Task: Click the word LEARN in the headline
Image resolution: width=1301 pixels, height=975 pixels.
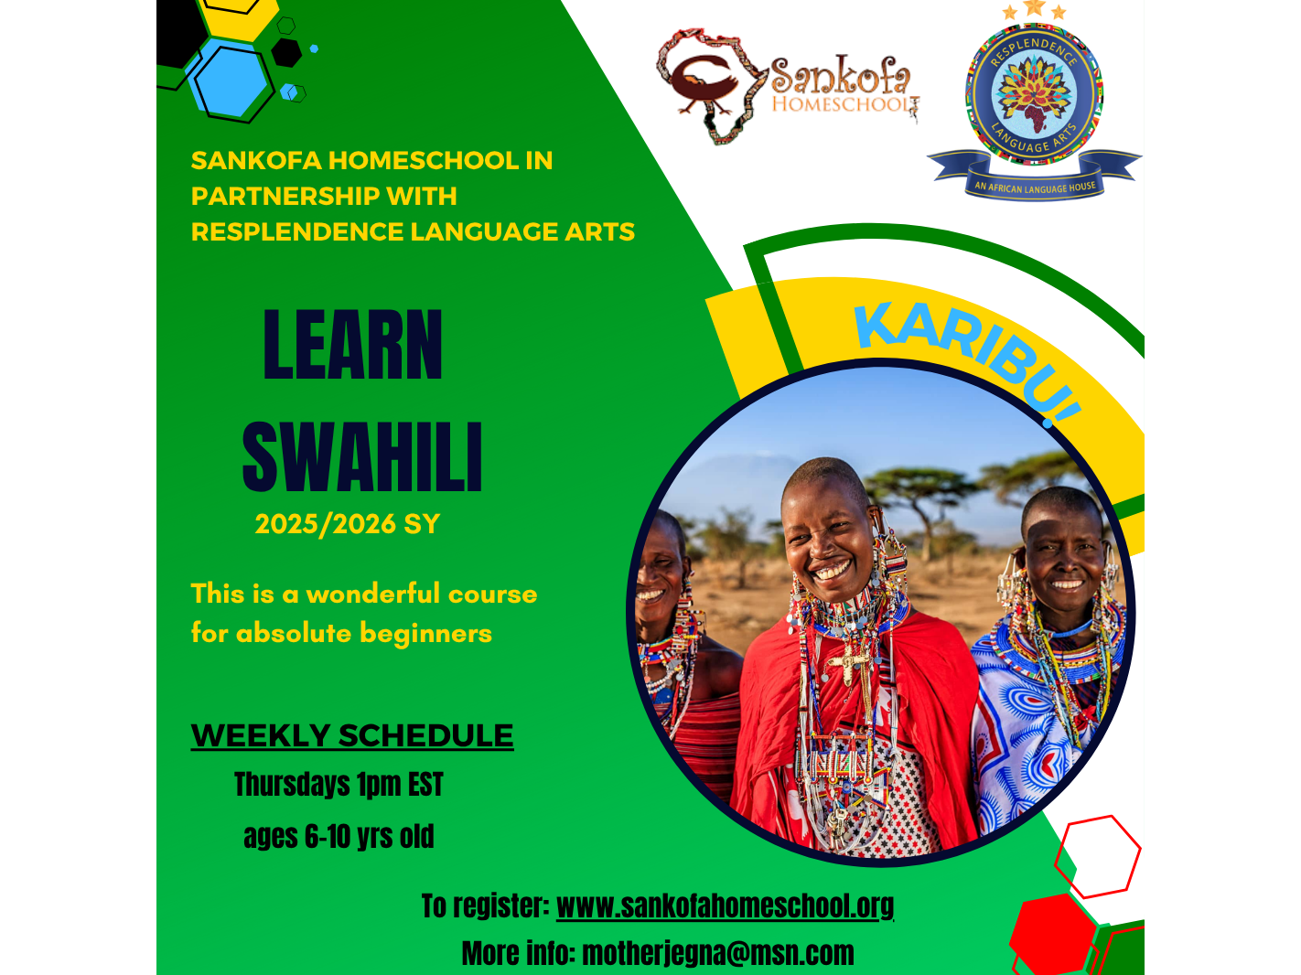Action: point(352,344)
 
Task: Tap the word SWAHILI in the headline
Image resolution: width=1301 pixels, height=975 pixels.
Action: point(362,456)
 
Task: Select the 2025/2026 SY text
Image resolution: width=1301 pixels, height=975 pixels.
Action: point(348,524)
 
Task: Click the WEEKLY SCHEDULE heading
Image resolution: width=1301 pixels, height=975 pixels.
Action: point(352,735)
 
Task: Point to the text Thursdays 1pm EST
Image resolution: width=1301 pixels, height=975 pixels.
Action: point(339,784)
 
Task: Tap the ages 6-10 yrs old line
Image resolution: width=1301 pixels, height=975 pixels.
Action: point(339,836)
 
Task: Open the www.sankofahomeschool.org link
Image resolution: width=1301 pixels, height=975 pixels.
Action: point(725,906)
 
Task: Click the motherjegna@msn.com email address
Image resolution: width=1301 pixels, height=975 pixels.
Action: point(718,954)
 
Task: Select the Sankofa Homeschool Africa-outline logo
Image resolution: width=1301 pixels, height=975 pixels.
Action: point(787,85)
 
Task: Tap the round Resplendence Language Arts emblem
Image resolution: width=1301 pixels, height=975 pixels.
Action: point(1034,95)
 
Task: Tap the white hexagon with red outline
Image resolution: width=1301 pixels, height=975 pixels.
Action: point(1097,857)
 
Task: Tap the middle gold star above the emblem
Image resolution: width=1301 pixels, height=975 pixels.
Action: point(1034,7)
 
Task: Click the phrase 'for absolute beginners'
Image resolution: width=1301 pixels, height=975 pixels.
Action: point(341,634)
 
